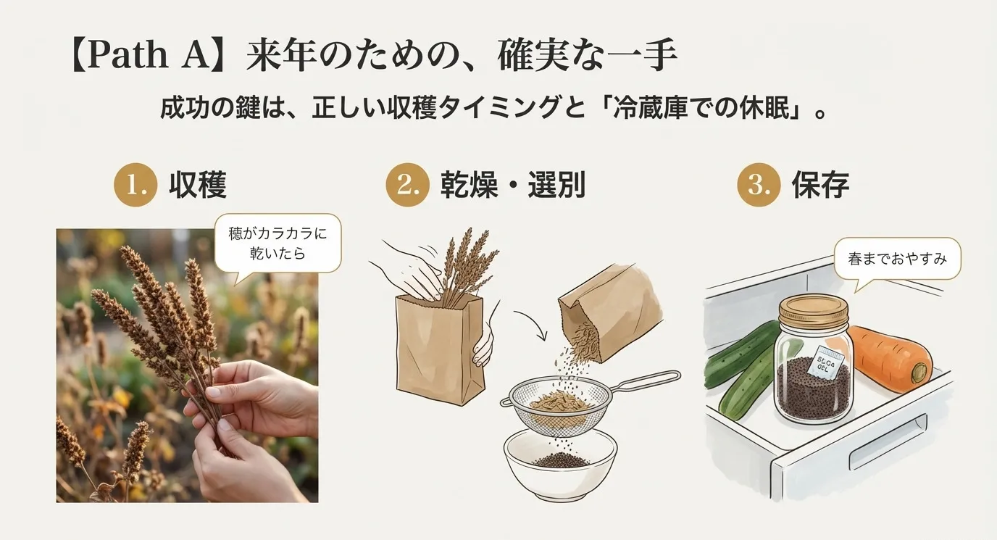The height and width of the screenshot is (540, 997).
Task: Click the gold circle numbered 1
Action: click(x=135, y=186)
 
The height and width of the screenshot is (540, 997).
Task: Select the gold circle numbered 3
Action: click(x=759, y=186)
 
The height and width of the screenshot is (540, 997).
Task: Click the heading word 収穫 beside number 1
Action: click(x=198, y=186)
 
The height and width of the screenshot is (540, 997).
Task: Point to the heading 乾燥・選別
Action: click(x=512, y=186)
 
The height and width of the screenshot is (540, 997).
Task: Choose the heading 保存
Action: click(x=820, y=186)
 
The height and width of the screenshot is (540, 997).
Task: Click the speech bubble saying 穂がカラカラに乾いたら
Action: click(x=278, y=243)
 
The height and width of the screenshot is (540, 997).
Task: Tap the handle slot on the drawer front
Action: click(x=888, y=442)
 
